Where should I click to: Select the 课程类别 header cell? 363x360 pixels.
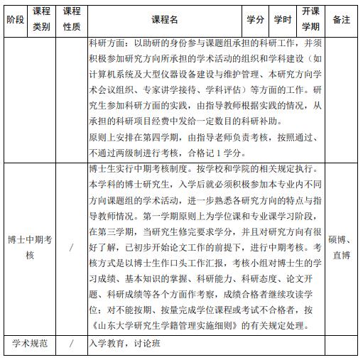pyautogui.click(x=42, y=20)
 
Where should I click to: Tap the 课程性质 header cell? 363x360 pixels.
pyautogui.click(x=72, y=20)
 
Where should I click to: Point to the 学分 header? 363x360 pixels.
pyautogui.click(x=255, y=20)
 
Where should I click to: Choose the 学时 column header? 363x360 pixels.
pyautogui.click(x=283, y=20)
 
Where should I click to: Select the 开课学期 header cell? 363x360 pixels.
pyautogui.click(x=310, y=20)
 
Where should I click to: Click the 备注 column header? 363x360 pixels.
pyautogui.click(x=342, y=20)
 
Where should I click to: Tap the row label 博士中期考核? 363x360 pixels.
pyautogui.click(x=30, y=247)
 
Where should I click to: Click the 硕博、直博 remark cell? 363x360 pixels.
pyautogui.click(x=342, y=247)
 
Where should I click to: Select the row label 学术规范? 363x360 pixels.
pyautogui.click(x=30, y=344)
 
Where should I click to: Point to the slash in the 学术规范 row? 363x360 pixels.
pyautogui.click(x=72, y=344)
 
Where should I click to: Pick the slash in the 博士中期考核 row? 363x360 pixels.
pyautogui.click(x=72, y=247)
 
